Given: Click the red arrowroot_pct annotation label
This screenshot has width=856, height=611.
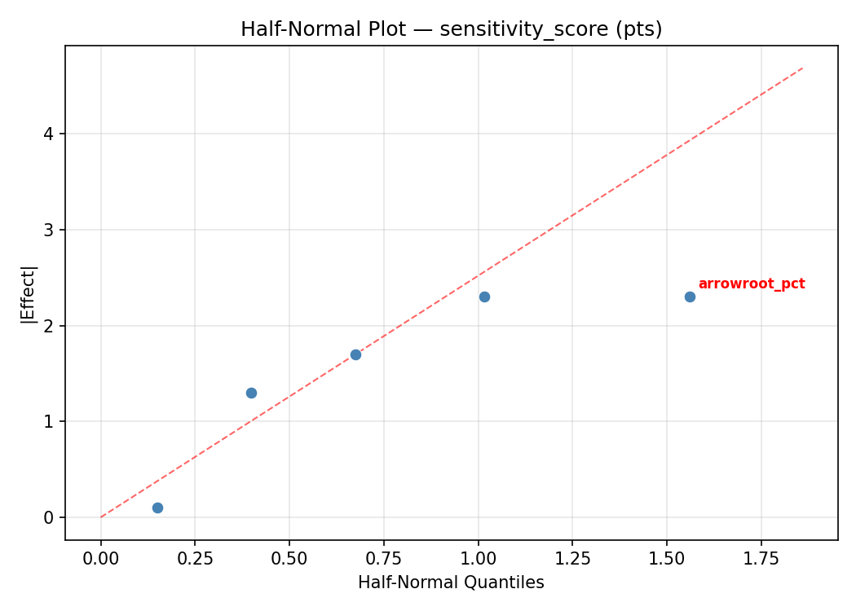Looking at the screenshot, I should [751, 284].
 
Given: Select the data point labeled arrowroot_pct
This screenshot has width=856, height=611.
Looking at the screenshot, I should [690, 297].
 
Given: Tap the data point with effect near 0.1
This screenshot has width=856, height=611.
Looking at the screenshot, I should [157, 508].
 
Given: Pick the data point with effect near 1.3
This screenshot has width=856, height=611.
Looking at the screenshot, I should [251, 393].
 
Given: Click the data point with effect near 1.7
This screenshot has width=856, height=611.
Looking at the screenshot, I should [355, 354].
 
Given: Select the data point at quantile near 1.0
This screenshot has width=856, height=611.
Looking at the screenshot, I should [484, 297].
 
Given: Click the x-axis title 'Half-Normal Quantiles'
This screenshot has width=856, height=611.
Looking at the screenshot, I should [451, 582].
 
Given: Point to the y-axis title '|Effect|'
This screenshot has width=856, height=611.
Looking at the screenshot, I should [29, 294].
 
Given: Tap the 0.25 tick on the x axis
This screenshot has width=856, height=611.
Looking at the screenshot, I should [195, 558].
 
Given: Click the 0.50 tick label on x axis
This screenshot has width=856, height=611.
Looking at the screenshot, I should [289, 558].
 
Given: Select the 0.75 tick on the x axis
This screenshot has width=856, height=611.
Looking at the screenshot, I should [384, 558].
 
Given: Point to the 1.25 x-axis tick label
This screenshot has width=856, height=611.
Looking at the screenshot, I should [572, 558].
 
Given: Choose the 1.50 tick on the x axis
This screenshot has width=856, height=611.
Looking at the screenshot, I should [667, 558].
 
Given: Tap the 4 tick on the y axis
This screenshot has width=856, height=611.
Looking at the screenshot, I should [50, 134].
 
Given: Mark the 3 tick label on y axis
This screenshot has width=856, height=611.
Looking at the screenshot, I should [50, 230].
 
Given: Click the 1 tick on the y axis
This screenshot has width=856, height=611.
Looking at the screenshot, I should [50, 422].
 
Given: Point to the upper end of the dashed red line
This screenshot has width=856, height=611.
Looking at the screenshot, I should [803, 68].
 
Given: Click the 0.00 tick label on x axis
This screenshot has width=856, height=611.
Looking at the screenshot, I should [101, 558].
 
